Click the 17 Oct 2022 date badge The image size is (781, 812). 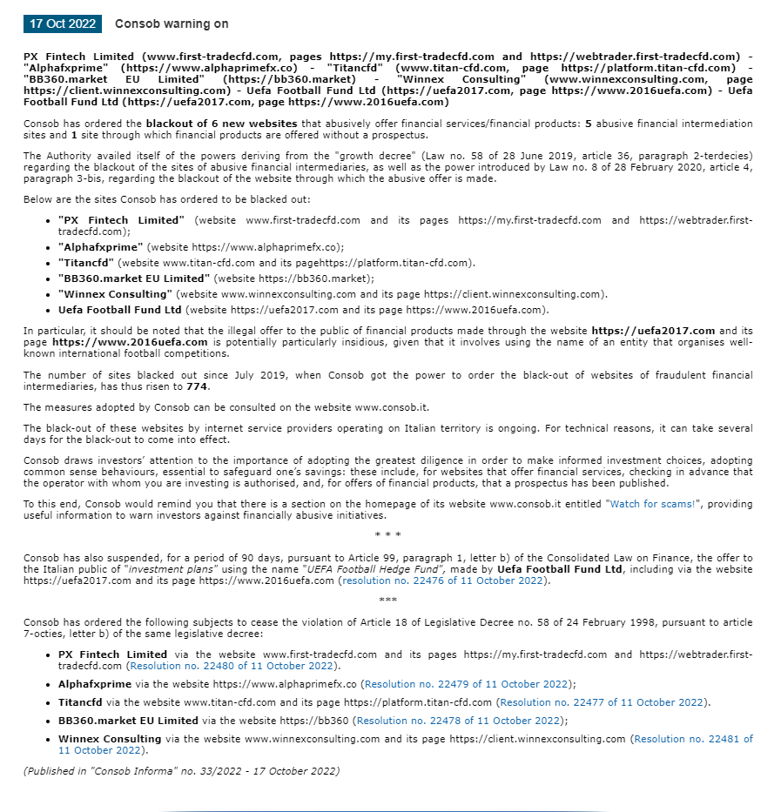(62, 24)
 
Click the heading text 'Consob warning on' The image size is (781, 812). (172, 24)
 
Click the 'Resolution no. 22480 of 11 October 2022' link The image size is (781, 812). (232, 666)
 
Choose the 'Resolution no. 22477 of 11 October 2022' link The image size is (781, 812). (603, 702)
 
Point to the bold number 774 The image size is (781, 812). (198, 386)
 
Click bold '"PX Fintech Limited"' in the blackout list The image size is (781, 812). (121, 220)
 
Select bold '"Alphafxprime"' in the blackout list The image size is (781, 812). (100, 247)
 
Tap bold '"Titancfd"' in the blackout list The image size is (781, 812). (86, 263)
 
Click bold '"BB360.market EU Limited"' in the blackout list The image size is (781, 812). (134, 278)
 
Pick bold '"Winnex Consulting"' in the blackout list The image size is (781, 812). (114, 294)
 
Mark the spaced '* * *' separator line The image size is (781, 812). (387, 534)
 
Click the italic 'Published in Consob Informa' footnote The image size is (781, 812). (181, 771)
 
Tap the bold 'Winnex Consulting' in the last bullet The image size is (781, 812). (110, 739)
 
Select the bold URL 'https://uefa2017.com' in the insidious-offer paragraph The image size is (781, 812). (653, 331)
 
